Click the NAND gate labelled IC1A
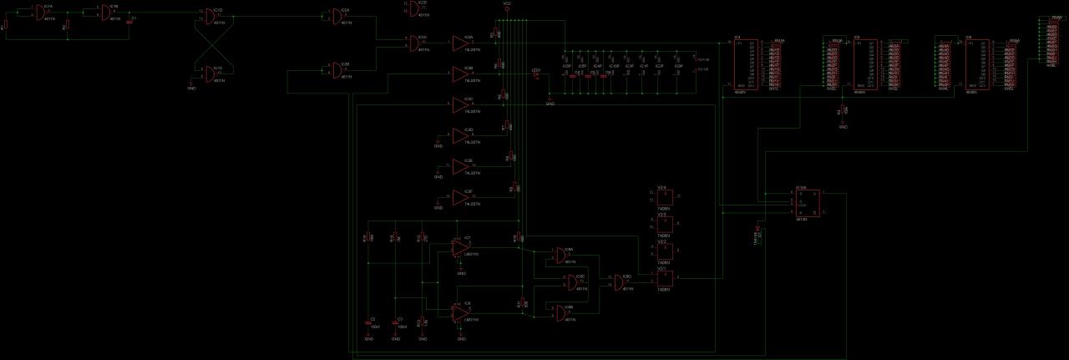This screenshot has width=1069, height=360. tap(38, 13)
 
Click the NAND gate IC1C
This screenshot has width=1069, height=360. tap(214, 72)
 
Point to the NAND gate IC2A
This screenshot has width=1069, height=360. tap(336, 16)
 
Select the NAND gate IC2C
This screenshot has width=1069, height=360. tap(416, 42)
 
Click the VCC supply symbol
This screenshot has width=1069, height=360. tap(507, 8)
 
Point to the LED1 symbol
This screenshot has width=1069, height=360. tap(536, 74)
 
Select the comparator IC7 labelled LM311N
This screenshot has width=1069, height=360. tap(460, 247)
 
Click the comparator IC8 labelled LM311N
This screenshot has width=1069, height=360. tap(460, 312)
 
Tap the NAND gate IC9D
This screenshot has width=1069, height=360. tap(621, 281)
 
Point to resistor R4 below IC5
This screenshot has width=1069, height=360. tap(843, 111)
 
